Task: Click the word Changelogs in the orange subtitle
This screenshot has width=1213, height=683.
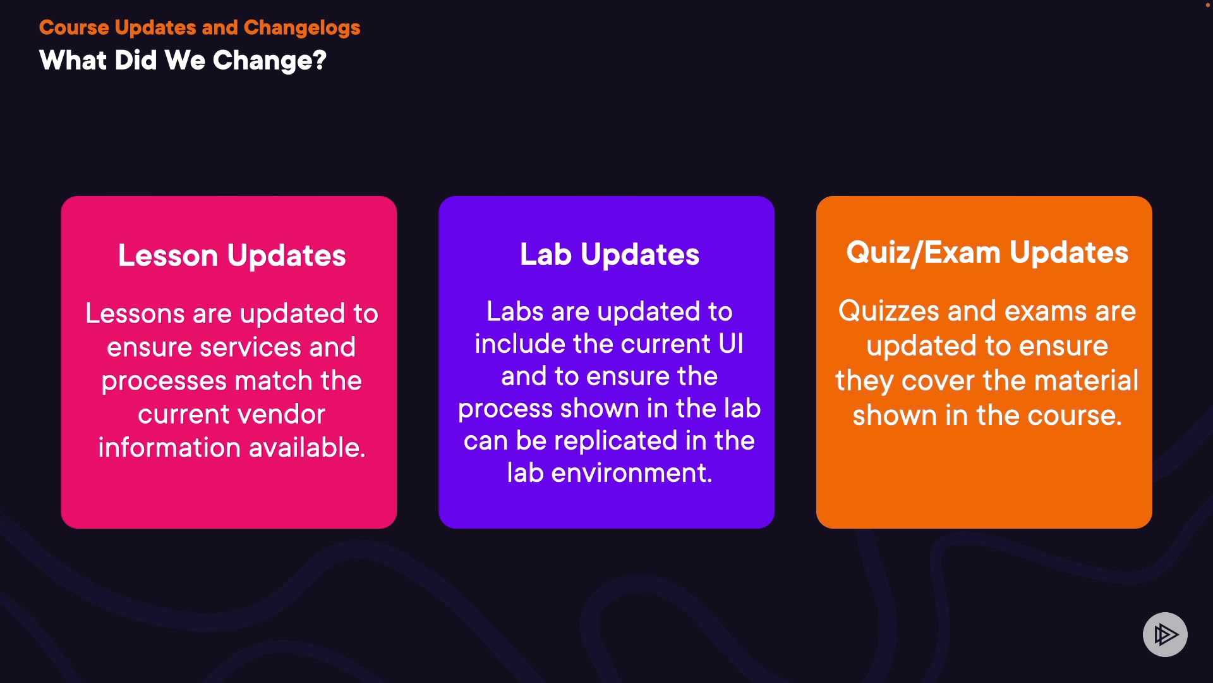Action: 302,28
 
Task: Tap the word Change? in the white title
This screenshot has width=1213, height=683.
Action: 270,61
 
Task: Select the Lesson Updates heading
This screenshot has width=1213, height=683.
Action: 232,256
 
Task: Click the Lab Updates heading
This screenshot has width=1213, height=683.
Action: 610,255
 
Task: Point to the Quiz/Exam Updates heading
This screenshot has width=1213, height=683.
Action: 987,253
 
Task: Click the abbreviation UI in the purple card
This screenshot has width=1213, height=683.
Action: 731,344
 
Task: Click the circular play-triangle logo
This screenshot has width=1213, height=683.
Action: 1165,634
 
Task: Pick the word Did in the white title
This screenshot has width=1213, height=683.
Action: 136,61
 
